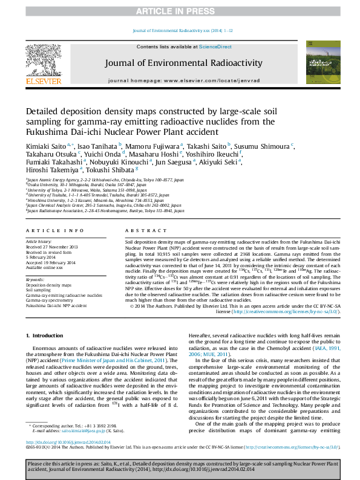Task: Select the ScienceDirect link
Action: [215, 47]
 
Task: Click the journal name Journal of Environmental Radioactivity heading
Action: [183, 63]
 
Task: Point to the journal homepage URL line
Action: [183, 80]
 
